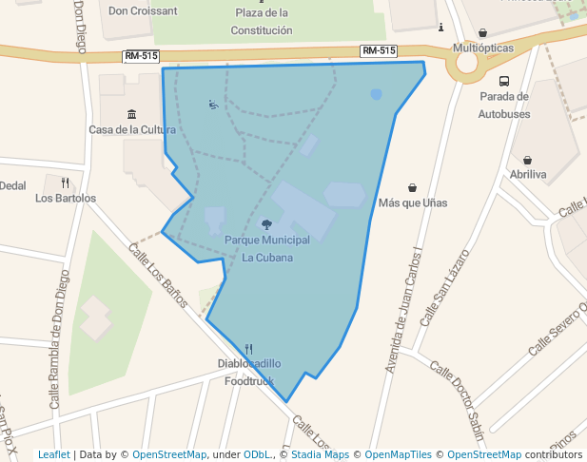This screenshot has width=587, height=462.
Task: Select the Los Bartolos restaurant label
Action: pos(66,199)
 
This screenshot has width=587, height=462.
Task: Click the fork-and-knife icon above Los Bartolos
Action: pos(66,183)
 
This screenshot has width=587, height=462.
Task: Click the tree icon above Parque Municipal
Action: pos(266,225)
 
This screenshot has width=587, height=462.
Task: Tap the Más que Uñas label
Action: pos(413,202)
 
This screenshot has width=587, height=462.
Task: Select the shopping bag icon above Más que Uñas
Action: pos(412,187)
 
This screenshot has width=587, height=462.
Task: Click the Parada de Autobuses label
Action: pos(503,105)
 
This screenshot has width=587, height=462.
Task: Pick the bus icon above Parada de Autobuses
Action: pos(503,81)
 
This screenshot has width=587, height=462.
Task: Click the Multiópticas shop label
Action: pos(483,48)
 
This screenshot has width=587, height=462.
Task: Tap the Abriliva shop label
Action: pos(528,175)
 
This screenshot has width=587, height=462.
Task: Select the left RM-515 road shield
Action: pos(141,56)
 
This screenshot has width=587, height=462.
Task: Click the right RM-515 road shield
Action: pos(379,50)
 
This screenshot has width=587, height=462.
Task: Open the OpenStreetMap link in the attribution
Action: pos(169,455)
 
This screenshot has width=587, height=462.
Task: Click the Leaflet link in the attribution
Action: pos(54,455)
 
